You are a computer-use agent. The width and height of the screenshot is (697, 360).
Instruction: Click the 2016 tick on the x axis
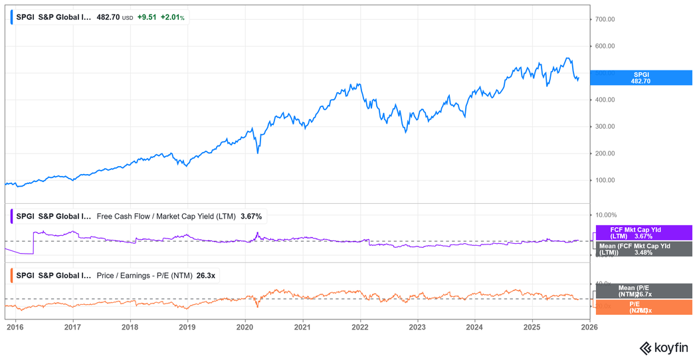[15, 327]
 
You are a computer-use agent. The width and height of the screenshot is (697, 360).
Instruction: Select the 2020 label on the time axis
[245, 327]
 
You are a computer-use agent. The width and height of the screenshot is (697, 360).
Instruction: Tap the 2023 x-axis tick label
[417, 327]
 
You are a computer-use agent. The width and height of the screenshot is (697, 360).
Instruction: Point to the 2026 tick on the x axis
[589, 327]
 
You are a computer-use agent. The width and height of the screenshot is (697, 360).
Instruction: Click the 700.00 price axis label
[605, 19]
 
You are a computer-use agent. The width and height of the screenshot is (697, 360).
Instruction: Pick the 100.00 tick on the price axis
[605, 180]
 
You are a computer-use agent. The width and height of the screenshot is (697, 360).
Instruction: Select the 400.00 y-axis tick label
[605, 100]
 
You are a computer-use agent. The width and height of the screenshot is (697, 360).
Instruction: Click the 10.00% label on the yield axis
[606, 215]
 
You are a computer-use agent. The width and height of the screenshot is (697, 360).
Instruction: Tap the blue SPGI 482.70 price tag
[641, 78]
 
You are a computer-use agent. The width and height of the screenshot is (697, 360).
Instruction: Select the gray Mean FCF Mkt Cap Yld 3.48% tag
[643, 249]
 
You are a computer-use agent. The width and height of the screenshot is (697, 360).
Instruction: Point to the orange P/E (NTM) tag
[643, 307]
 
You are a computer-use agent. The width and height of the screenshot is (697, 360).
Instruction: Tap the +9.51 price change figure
[148, 17]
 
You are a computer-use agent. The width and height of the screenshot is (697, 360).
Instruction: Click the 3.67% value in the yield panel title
[251, 217]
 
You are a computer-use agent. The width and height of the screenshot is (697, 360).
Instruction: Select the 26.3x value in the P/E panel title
[206, 275]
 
